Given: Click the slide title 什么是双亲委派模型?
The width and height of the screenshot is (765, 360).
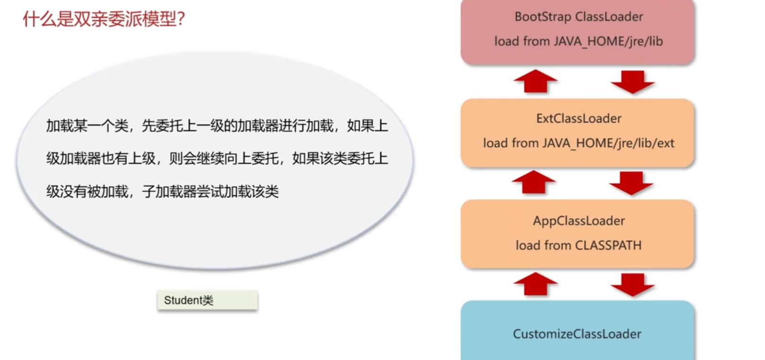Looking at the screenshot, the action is click(103, 19).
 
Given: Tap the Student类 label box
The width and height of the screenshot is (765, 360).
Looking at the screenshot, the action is click(207, 300).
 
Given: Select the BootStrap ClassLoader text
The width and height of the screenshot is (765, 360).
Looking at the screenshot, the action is click(579, 17).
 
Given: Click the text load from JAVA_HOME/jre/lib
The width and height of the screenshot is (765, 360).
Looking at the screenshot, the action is click(578, 42).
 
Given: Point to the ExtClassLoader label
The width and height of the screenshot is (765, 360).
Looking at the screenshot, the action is click(579, 118).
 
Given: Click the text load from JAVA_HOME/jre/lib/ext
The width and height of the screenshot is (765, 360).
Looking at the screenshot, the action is click(578, 143).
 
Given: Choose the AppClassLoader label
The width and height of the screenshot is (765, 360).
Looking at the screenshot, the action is click(579, 221).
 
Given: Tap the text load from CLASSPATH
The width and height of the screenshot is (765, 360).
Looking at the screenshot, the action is click(578, 245).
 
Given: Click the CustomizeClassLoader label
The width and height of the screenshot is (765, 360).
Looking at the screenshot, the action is click(577, 334).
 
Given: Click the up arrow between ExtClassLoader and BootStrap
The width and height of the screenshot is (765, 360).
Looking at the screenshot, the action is click(535, 81).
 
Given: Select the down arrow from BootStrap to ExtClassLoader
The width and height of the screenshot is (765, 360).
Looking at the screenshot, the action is click(632, 82).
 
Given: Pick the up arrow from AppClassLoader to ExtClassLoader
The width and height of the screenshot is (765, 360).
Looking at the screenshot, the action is click(534, 182).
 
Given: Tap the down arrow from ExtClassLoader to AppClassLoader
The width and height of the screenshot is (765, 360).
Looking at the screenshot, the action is click(631, 183).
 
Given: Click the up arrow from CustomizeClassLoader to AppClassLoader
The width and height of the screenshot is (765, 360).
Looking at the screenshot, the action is click(535, 284).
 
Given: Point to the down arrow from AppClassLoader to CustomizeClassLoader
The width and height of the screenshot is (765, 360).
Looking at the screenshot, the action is click(632, 285).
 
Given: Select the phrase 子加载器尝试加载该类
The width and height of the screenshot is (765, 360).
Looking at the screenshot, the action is click(210, 192).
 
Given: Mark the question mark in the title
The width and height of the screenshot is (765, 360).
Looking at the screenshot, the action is click(180, 19).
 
